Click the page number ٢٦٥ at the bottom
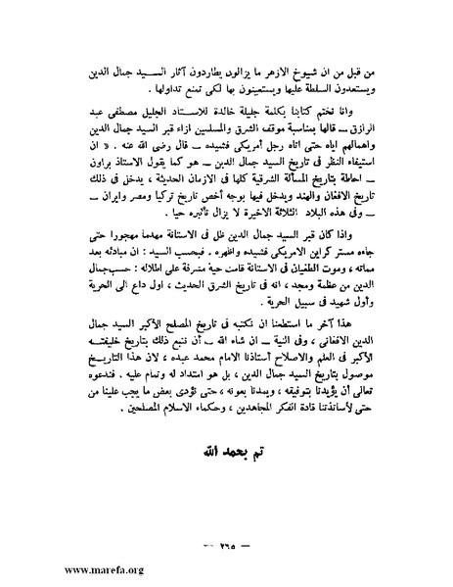click(x=227, y=549)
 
